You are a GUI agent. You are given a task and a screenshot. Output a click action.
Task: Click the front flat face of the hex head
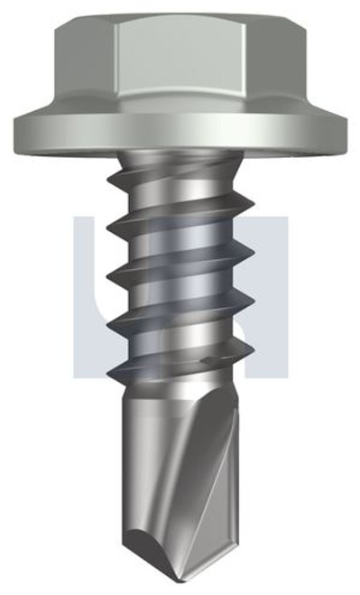(x=180, y=63)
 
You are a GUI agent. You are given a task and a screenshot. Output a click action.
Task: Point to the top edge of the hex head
(x=180, y=16)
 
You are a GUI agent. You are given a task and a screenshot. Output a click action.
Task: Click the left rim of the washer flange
(x=25, y=133)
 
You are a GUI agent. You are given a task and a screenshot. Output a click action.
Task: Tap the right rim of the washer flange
(x=336, y=133)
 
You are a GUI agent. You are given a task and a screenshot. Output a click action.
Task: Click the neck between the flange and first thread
(x=180, y=163)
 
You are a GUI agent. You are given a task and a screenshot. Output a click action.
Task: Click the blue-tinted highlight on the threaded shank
(x=180, y=271)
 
